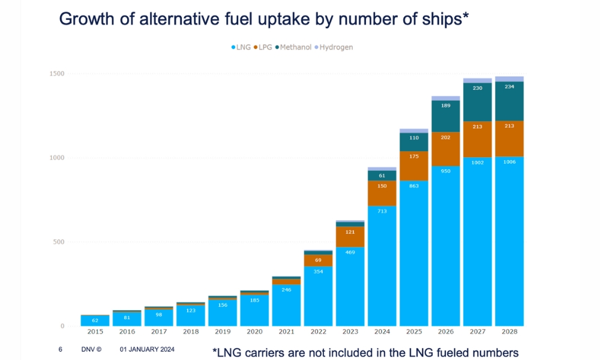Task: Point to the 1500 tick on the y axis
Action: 56,74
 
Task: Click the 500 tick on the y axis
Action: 59,242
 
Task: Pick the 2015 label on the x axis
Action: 95,331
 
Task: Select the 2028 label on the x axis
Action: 509,331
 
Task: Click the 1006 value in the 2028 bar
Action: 509,162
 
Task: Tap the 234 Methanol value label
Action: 509,86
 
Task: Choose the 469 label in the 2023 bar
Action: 350,252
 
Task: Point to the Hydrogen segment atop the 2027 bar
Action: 478,80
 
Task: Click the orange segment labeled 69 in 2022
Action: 318,260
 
